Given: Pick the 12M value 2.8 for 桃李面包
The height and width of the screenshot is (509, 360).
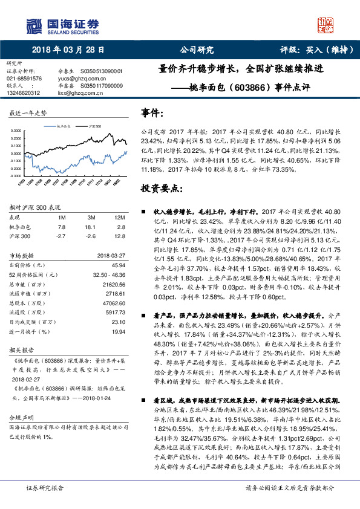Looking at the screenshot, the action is tap(120, 225).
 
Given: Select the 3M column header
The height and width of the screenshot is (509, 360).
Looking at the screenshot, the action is tap(92, 216).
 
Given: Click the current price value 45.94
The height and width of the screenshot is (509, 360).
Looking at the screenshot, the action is tap(119, 265).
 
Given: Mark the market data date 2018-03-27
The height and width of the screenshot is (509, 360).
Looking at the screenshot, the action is tap(111, 256).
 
